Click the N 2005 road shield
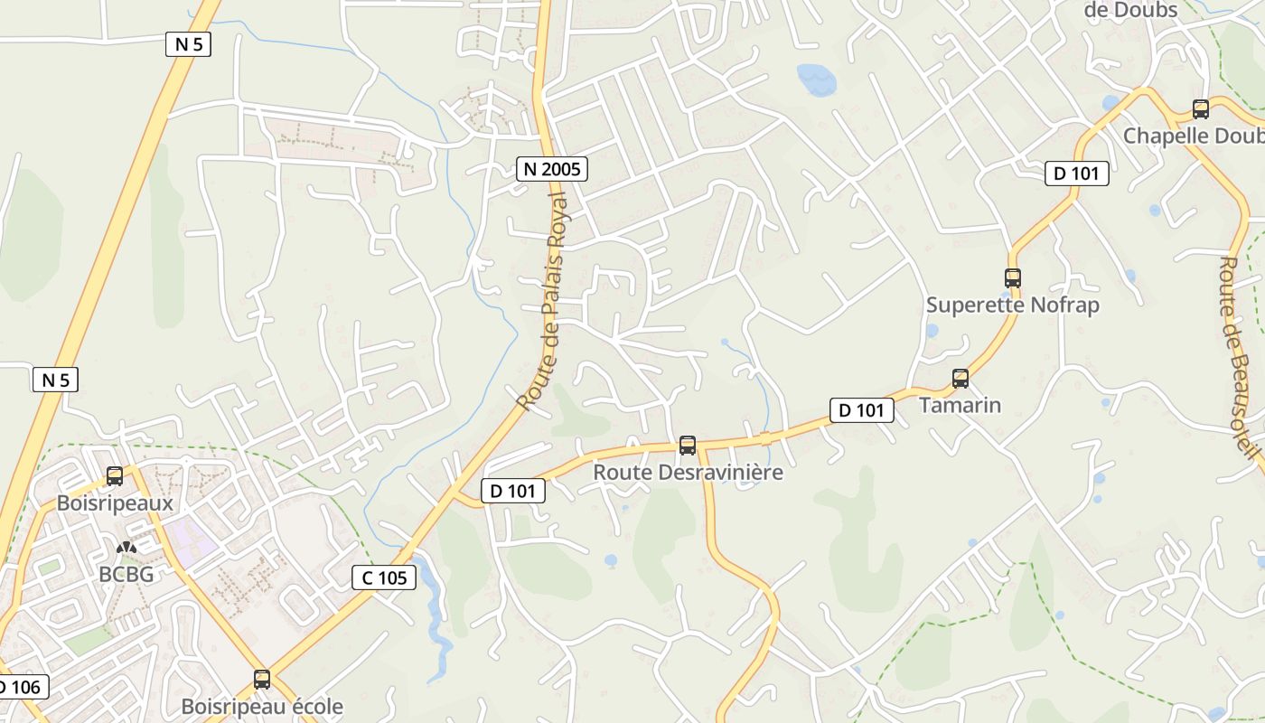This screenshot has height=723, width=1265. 552,168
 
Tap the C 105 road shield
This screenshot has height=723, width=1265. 384,577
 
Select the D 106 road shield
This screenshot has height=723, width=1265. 20,687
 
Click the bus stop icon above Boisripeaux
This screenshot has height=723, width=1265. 115,476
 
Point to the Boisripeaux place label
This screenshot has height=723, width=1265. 115,502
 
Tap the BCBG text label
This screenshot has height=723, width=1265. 126,574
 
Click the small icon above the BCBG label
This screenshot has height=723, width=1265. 126,548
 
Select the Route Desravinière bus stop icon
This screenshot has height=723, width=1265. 688,446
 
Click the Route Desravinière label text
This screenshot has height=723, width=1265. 688,473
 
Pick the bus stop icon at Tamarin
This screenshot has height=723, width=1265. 960,379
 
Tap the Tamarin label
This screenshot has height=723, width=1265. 960,405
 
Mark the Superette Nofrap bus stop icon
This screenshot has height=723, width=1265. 1013,278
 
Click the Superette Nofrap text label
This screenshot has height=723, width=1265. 1013,305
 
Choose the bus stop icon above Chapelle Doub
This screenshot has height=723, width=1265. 1201,109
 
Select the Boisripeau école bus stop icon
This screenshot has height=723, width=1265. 262,680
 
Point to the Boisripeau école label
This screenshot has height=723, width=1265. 262,706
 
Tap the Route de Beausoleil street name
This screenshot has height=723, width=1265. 1239,361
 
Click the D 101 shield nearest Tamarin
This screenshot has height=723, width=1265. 862,410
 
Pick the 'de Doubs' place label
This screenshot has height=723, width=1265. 1130,10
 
